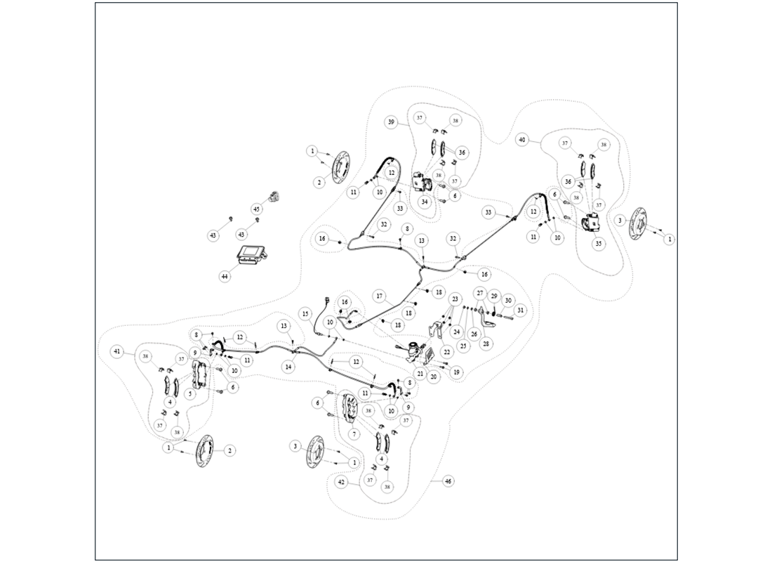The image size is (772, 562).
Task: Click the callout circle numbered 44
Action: coord(225,277)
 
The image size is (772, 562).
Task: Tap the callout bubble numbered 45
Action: coord(256,209)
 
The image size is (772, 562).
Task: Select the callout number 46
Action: coord(448,481)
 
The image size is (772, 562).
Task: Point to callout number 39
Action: coord(392,122)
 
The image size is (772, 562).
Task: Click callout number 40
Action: coord(521,140)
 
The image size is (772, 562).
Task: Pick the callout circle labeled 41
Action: coord(117,351)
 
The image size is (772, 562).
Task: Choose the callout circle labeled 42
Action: coord(341,483)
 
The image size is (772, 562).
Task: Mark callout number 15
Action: coord(305,313)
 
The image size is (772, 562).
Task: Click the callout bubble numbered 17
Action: coord(379,296)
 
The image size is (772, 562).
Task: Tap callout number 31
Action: coord(520,310)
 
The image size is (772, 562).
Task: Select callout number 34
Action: coord(425,202)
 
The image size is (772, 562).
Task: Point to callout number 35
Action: coord(598,244)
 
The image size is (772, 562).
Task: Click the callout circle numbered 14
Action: coord(289,367)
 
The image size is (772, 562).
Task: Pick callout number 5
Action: coord(190,393)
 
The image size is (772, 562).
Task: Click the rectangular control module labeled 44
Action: coord(251,256)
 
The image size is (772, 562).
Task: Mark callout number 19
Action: coord(457,372)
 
